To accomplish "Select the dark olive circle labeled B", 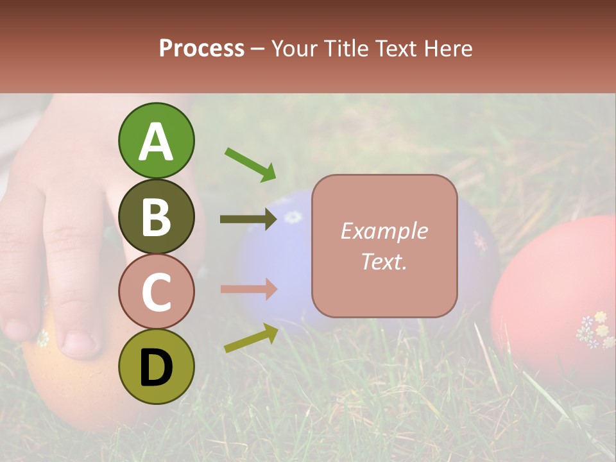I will point(156,216).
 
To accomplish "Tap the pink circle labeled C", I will point(156,292).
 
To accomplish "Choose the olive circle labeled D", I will point(156,367).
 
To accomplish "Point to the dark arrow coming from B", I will point(248,219).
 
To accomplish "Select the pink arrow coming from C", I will point(248,289).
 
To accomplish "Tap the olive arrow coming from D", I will point(251,339).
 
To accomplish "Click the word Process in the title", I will point(201,49).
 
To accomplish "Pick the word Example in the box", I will point(384,231).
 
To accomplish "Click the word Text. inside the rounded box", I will point(384,261).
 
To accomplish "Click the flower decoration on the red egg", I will point(595,330).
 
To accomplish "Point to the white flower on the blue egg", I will point(293,217).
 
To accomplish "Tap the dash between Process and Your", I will point(258,49).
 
